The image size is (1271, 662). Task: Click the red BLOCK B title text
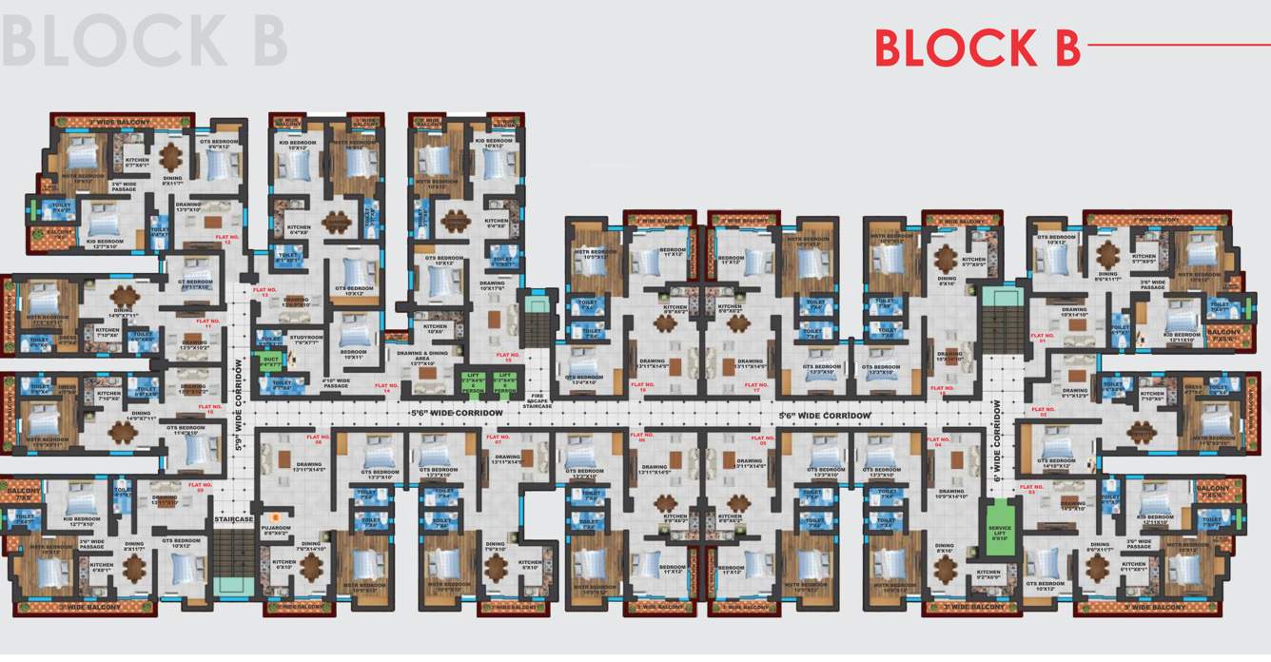[x=976, y=48]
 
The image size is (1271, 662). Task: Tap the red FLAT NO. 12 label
[x=228, y=239]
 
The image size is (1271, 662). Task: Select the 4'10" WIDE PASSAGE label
[x=337, y=382]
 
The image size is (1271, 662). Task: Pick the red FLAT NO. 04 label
[x=939, y=442]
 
